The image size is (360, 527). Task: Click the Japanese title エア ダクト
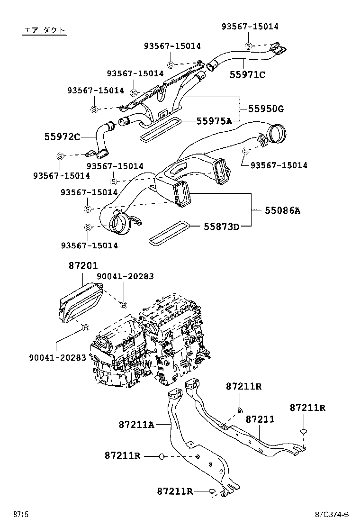pyautogui.click(x=45, y=31)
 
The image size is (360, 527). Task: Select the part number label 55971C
pyautogui.click(x=247, y=74)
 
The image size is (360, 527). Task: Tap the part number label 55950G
pyautogui.click(x=266, y=109)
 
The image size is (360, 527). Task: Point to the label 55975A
pyautogui.click(x=214, y=121)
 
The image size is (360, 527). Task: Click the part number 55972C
pyautogui.click(x=63, y=137)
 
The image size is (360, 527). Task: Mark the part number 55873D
pyautogui.click(x=221, y=227)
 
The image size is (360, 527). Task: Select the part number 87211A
pyautogui.click(x=136, y=425)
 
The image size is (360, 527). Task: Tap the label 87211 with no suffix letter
pyautogui.click(x=260, y=419)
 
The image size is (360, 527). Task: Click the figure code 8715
pyautogui.click(x=21, y=514)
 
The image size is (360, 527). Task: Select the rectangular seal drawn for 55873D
pyautogui.click(x=169, y=234)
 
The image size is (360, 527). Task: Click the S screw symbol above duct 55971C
pyautogui.click(x=248, y=46)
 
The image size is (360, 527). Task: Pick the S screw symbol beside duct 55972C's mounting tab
pyautogui.click(x=60, y=156)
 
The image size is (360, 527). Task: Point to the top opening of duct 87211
pyautogui.click(x=192, y=383)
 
